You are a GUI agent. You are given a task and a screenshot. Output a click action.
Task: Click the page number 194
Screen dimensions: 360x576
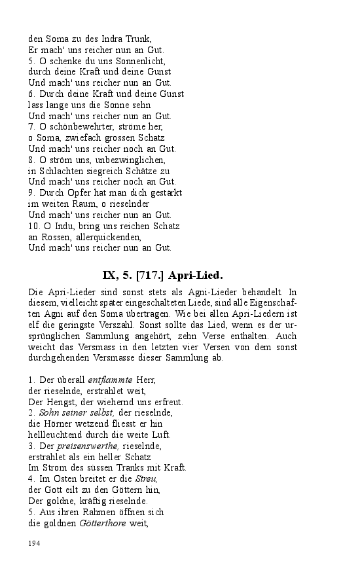[34, 543]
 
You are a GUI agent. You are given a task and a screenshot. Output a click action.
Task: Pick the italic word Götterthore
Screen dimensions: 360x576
[103, 523]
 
